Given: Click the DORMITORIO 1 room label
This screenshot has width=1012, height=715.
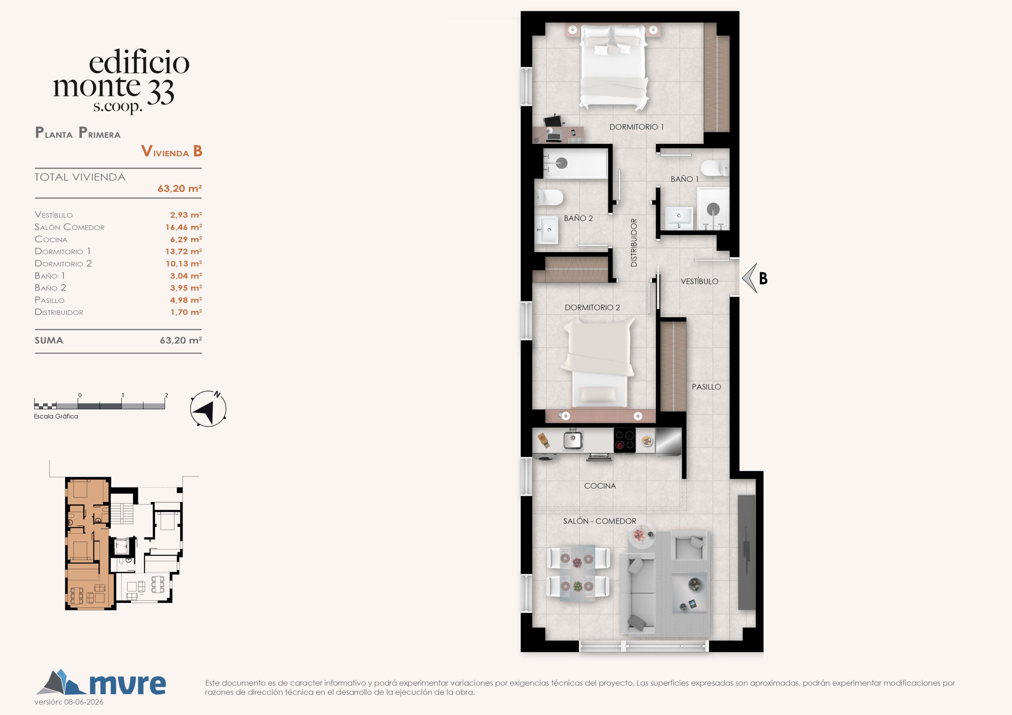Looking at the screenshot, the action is (636, 127).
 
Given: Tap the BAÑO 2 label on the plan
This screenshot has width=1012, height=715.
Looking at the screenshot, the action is (578, 218).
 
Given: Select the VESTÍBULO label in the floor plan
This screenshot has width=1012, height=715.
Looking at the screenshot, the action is (699, 281).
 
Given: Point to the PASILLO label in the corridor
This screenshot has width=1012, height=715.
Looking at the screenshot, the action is (706, 387).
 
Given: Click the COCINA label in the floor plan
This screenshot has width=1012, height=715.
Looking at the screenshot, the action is (600, 486).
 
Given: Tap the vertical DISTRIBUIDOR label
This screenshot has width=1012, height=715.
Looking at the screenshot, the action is (634, 243).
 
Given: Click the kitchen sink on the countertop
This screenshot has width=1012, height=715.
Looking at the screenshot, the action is (573, 440).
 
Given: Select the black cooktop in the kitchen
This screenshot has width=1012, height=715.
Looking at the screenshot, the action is (625, 440).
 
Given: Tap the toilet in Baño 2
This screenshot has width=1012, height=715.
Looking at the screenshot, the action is (549, 197).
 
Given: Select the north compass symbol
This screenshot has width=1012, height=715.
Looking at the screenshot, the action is (208, 408).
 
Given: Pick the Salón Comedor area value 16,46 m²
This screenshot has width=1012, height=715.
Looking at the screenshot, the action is (183, 227).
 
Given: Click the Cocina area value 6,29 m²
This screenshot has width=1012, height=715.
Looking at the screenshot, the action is (186, 239).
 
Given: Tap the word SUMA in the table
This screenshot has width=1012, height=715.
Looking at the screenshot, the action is (49, 341).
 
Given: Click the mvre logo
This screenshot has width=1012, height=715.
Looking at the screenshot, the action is (101, 683).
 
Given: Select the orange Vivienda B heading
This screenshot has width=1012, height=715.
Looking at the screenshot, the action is (172, 151).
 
